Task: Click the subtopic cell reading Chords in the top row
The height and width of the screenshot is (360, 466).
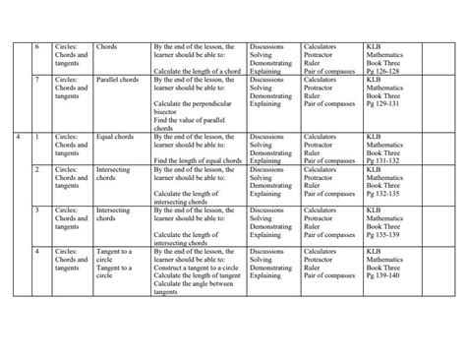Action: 107,45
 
